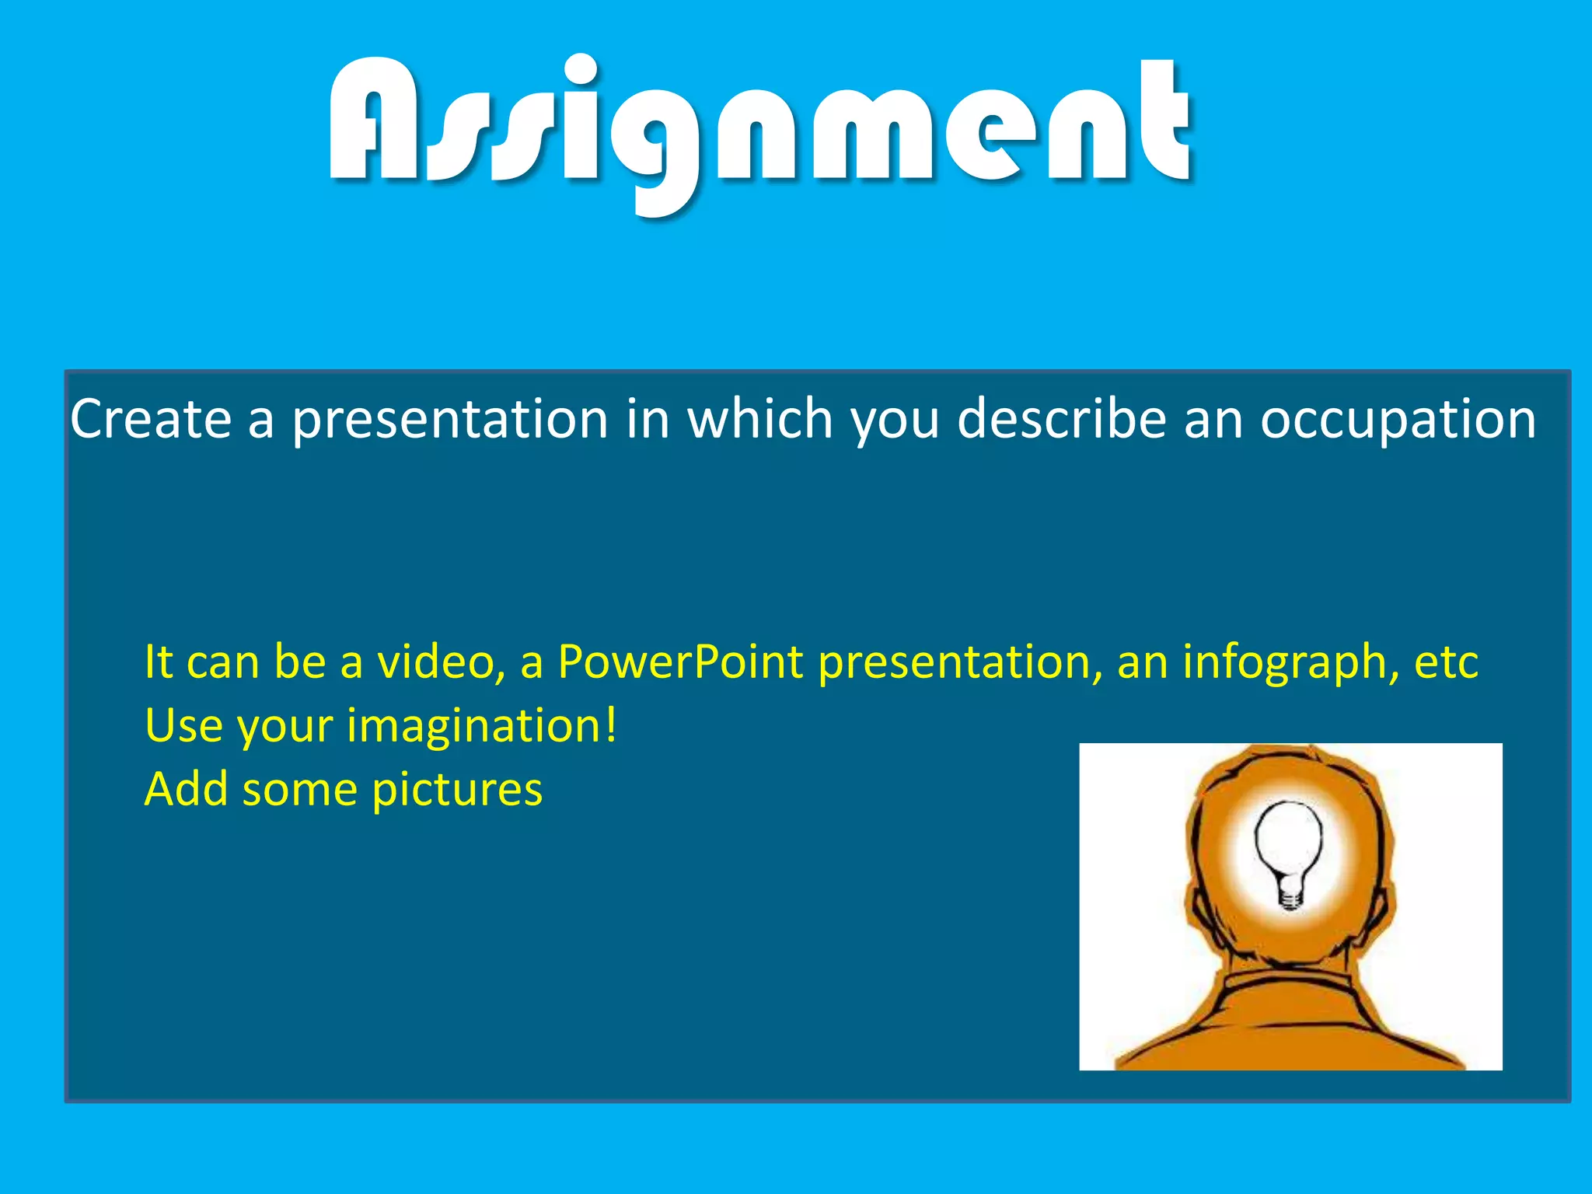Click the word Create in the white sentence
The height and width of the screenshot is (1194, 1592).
click(151, 420)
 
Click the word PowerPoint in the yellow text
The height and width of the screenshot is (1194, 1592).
click(680, 662)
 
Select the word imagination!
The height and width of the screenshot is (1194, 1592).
click(482, 727)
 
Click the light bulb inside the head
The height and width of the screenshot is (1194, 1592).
click(1289, 843)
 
